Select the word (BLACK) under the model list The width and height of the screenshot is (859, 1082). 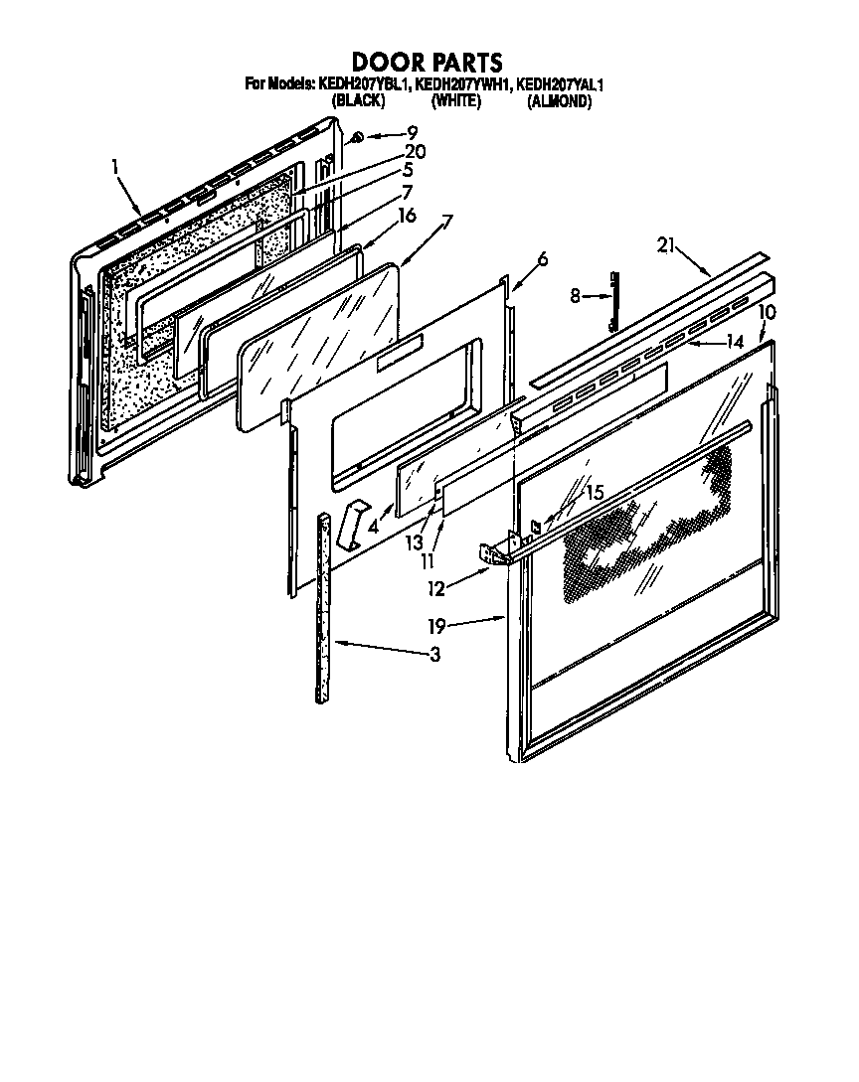359,101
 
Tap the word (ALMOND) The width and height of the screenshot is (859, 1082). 560,101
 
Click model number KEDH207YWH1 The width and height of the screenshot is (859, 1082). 461,86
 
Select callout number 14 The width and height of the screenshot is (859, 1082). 735,343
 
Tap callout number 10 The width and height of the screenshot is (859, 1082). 767,312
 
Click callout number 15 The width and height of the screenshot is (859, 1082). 594,492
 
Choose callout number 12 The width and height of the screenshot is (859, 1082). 435,588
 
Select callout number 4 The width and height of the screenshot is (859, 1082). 373,527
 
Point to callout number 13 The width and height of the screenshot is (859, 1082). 412,543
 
